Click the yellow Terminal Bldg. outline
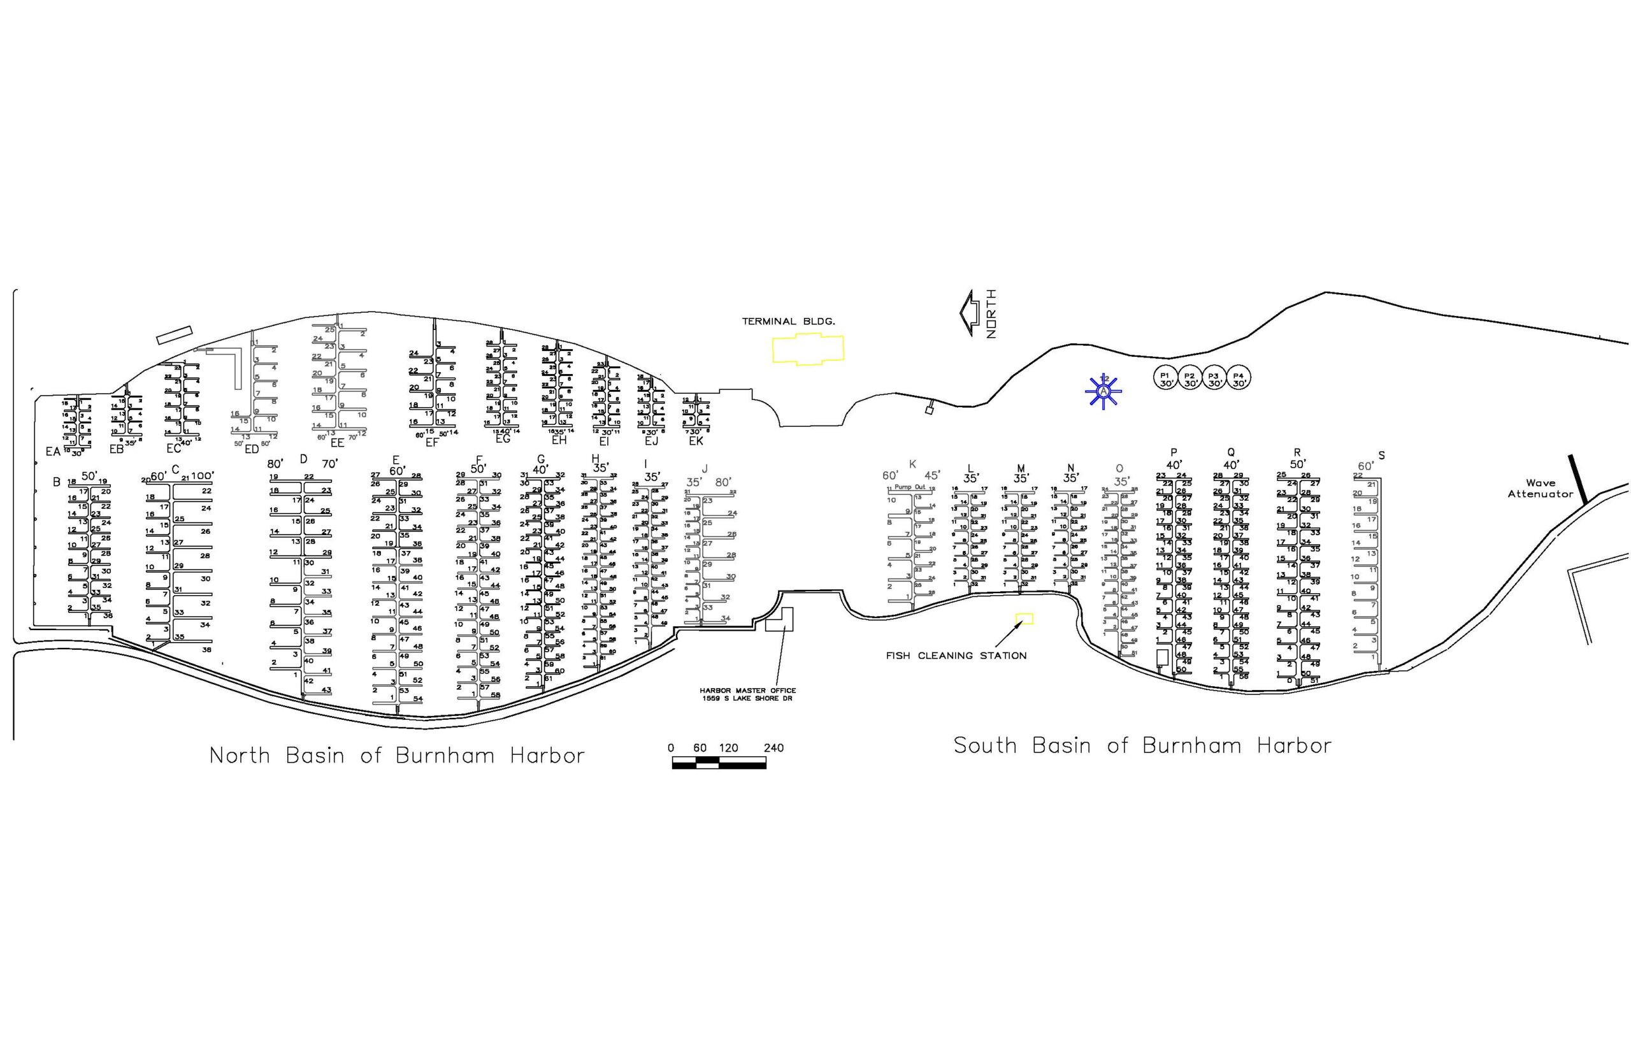(x=808, y=348)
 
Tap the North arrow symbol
(x=968, y=313)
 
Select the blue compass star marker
(x=1103, y=391)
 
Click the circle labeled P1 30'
(x=1165, y=378)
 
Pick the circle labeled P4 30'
(x=1239, y=378)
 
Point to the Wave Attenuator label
(x=1540, y=488)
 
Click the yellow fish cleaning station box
(x=1024, y=619)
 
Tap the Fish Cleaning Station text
(x=956, y=656)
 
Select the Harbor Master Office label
(x=747, y=694)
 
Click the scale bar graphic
(x=719, y=763)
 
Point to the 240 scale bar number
(x=773, y=747)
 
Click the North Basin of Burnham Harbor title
(x=397, y=756)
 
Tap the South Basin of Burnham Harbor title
(x=1142, y=745)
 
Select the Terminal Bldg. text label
(x=789, y=320)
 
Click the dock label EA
(x=52, y=452)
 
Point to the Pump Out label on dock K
(x=910, y=487)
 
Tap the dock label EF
(x=431, y=443)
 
